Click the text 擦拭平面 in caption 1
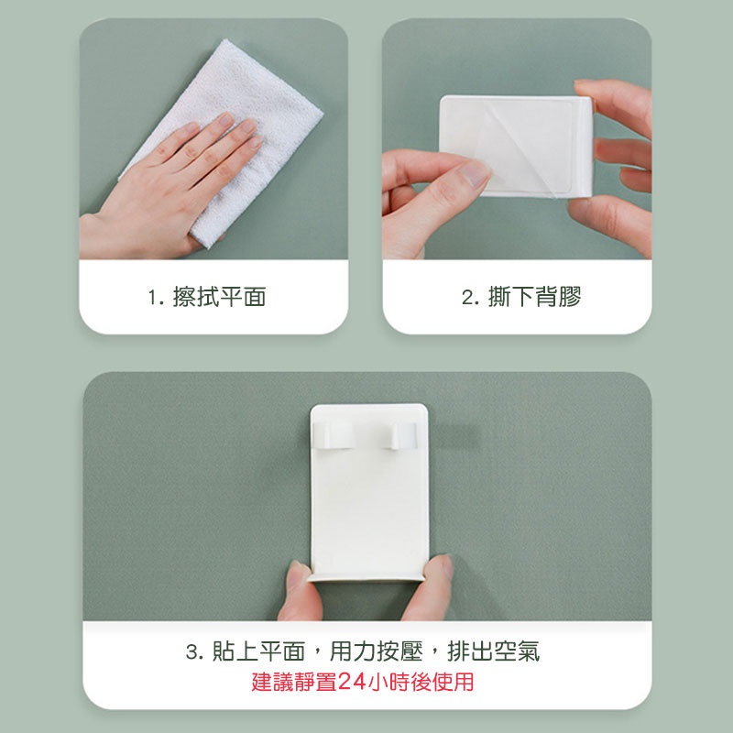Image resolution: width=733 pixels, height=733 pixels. (x=219, y=297)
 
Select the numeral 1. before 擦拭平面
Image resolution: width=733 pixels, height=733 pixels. (x=155, y=297)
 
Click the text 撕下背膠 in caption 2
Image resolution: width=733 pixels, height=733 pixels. (x=534, y=297)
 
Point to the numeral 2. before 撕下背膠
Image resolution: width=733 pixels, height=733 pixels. (x=470, y=297)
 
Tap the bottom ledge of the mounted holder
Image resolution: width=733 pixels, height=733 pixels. (x=366, y=577)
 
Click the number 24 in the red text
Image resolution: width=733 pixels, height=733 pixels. (x=352, y=682)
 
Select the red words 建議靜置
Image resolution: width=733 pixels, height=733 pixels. (x=294, y=682)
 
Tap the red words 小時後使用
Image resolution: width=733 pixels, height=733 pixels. (x=421, y=682)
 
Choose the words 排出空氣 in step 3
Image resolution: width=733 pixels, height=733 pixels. (x=494, y=651)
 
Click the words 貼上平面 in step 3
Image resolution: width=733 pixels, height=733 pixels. (x=258, y=651)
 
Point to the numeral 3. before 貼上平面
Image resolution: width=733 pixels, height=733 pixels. (x=194, y=651)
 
